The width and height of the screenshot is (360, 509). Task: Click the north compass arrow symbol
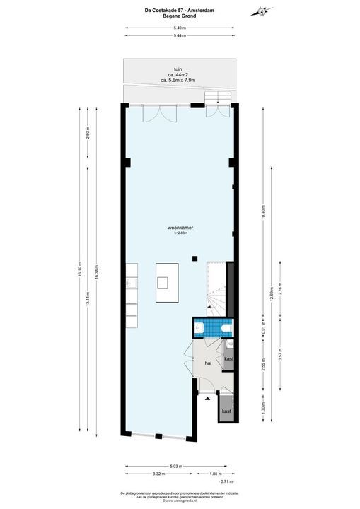pyautogui.click(x=263, y=11)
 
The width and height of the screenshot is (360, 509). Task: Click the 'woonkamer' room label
pyautogui.click(x=181, y=228)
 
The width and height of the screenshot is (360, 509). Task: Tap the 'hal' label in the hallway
pyautogui.click(x=208, y=362)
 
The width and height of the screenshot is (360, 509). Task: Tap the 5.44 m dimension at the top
pyautogui.click(x=180, y=35)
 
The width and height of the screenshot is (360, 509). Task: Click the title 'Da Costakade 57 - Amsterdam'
pyautogui.click(x=180, y=7)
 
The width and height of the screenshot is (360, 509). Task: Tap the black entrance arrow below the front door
pyautogui.click(x=207, y=399)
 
